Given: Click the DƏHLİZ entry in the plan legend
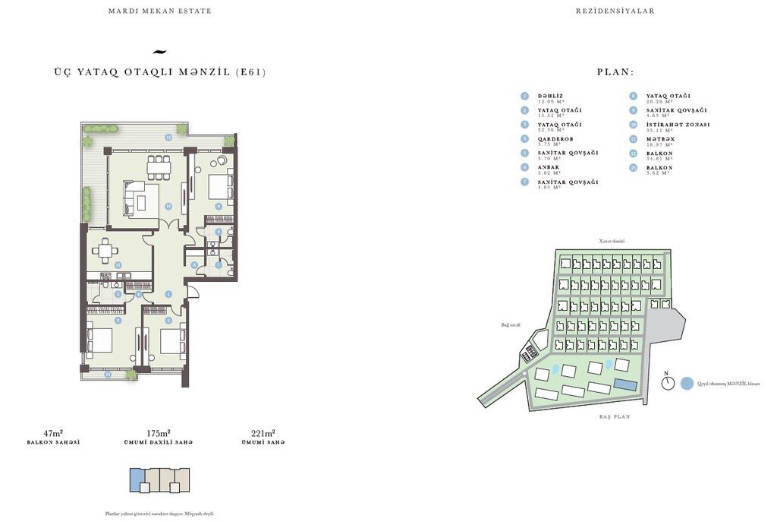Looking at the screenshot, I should [x=550, y=96].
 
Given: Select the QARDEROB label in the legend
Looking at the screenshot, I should [x=555, y=139].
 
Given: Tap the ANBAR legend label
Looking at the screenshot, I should [x=549, y=167].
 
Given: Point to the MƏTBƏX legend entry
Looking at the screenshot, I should [x=660, y=139].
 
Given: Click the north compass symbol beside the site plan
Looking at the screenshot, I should [x=667, y=383].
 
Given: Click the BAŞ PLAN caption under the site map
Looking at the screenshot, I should [x=614, y=417].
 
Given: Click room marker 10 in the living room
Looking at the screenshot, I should [x=168, y=205].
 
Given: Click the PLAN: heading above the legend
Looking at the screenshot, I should [x=615, y=73].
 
